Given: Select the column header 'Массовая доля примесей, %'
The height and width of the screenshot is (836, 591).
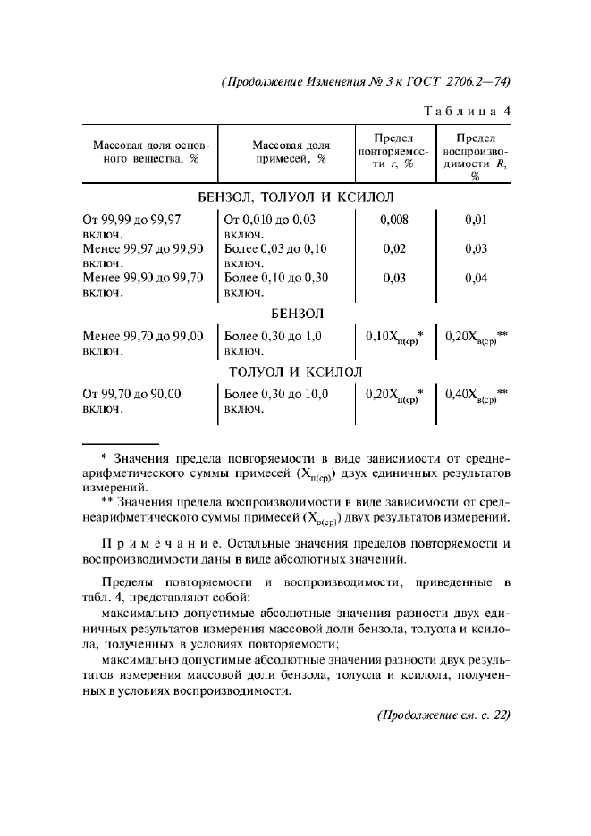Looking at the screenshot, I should pos(290,152).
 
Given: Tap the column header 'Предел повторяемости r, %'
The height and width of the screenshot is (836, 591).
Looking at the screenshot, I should pos(393,152).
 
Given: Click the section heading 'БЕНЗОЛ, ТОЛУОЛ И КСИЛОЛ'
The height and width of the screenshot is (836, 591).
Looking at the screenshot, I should pos(296,197).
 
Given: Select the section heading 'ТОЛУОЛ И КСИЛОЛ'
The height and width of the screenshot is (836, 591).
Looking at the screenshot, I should pos(296,372).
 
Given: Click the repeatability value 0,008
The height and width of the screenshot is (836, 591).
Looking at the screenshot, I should pos(394,220).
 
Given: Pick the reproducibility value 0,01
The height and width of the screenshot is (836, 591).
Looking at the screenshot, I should pos(476,220).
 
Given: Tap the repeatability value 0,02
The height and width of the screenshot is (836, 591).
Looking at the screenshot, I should pos(394,248).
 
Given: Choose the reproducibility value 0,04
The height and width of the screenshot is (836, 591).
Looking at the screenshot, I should pos(476,278).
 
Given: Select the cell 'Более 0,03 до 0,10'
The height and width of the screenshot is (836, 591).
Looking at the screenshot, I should pos(275,248).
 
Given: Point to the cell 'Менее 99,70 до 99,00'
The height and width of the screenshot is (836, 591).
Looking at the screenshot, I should pos(143,337).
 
